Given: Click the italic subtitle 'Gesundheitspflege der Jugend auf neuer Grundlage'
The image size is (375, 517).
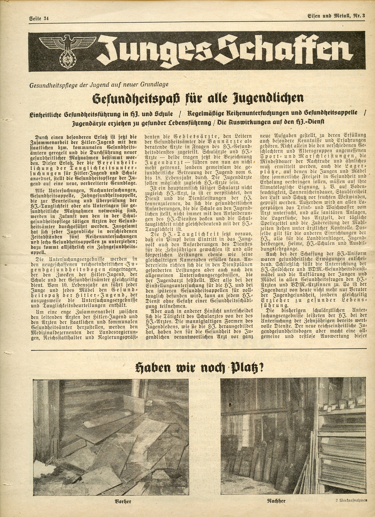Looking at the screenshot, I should (99, 85).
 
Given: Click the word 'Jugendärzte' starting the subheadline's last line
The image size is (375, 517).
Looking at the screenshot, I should (93, 123).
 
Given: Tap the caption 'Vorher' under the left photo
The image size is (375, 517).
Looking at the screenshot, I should (123, 501).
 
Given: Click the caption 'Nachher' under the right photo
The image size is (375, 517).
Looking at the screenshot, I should (276, 501).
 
